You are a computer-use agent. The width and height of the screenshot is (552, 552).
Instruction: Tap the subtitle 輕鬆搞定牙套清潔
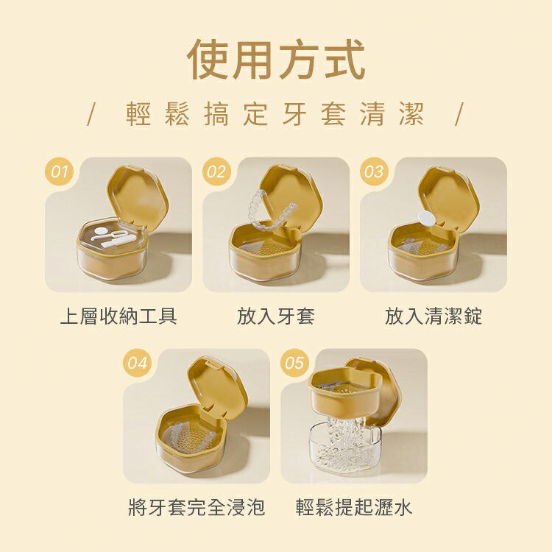pos(275,115)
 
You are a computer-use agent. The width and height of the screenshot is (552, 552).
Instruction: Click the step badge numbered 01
pos(60,171)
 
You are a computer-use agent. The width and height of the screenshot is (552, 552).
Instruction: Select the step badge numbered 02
pos(216,171)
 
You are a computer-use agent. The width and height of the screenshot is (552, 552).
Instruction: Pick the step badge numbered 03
pos(374,171)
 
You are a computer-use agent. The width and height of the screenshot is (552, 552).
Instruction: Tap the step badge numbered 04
pos(137,363)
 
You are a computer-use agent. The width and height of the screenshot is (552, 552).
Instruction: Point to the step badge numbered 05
pos(294,363)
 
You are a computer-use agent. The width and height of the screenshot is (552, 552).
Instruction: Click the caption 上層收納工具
pos(118,316)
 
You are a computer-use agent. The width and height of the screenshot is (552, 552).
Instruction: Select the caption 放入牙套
pos(276,316)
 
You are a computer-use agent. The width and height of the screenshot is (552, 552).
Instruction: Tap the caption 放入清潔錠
pos(434,316)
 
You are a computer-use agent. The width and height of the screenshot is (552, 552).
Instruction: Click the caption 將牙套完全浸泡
pos(197,507)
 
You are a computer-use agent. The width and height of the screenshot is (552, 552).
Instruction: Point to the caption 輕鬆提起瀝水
pos(354,507)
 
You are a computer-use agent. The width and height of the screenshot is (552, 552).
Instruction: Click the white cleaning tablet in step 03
pos(425,217)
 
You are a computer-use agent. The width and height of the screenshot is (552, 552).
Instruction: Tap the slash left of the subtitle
pos(91,115)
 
